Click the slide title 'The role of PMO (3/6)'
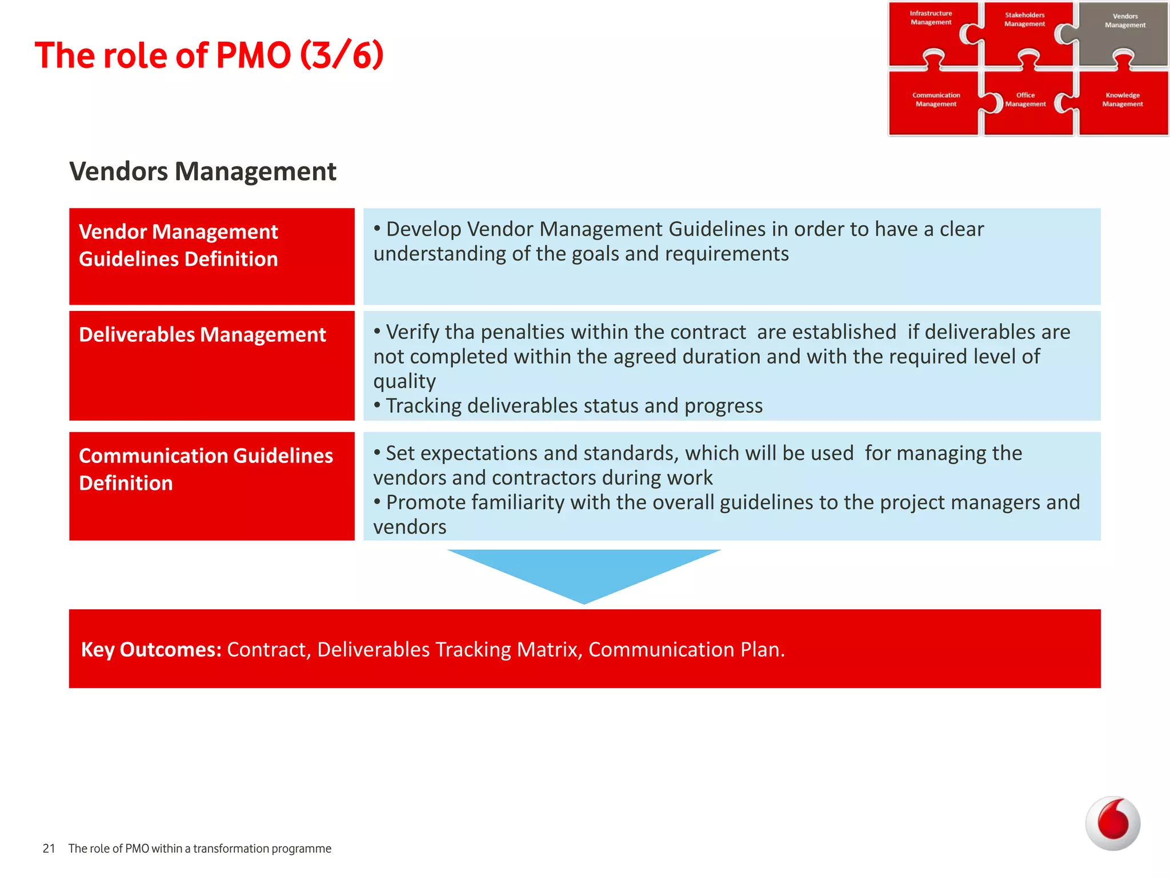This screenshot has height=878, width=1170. (x=209, y=55)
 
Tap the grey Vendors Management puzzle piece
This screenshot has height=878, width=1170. (x=1124, y=34)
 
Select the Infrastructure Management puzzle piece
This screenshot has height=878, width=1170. (x=931, y=31)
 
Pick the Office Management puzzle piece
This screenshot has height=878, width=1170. (x=1026, y=103)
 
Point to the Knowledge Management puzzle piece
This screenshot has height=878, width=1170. (x=1123, y=103)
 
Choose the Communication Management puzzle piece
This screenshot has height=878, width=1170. (x=936, y=103)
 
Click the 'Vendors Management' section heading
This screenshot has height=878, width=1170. (x=203, y=171)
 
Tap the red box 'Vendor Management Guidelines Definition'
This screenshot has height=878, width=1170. (x=211, y=256)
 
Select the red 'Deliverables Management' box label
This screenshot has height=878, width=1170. (x=203, y=335)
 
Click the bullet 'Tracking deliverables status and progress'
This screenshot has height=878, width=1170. (x=574, y=406)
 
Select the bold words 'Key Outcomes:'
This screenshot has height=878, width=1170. (x=151, y=650)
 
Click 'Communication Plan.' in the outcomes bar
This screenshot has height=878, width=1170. (x=686, y=650)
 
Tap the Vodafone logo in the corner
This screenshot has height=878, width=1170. (x=1112, y=823)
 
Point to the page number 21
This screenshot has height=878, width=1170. (x=49, y=849)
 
